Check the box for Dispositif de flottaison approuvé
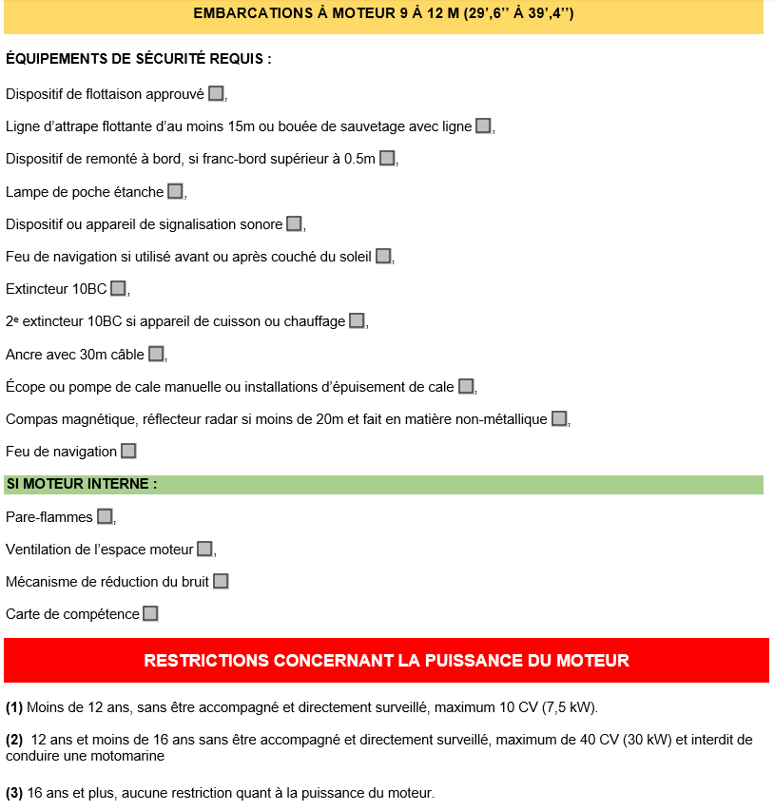coord(216,93)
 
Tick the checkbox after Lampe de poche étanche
coord(175,191)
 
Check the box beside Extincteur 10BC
coord(118,288)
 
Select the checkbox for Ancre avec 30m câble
coord(156,354)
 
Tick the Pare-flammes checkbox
coord(105,516)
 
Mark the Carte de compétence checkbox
coord(150,613)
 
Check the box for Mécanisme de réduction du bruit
coord(221,581)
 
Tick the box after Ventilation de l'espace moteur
coord(204,549)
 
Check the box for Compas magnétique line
coord(559,418)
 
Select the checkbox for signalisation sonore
coord(294,223)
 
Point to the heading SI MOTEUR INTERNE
coord(82,484)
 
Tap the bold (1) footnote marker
coord(14,707)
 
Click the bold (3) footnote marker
coord(14,793)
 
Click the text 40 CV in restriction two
coord(607,740)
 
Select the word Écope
coord(25,387)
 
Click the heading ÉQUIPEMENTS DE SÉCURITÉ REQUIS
coord(139,59)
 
